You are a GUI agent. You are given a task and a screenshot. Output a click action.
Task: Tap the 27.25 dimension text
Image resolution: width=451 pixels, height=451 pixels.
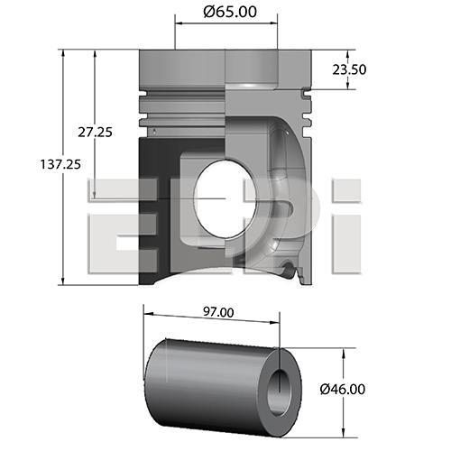[x=95, y=132]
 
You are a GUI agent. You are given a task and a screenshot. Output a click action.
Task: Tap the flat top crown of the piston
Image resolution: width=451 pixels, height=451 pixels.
[x=225, y=53]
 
